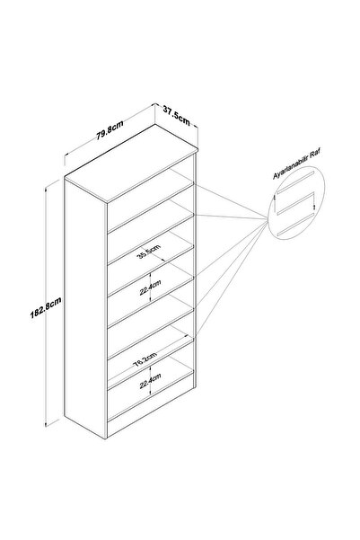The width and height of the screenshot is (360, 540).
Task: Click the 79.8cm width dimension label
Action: pos(110,130)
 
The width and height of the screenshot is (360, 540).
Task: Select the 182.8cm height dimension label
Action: pos(46,307)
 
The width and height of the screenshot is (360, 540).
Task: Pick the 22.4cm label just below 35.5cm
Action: pos(151,288)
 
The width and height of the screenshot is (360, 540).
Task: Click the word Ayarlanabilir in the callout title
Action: pos(291,167)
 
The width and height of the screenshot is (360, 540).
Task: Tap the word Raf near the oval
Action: pos(316,154)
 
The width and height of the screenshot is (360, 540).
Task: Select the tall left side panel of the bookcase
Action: pos(85,308)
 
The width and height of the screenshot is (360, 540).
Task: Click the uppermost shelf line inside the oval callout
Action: pos(295,181)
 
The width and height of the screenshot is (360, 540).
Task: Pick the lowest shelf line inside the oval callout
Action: pos(295,225)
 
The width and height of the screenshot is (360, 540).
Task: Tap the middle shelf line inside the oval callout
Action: pos(295,204)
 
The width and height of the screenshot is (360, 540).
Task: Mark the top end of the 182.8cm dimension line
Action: pos(46,188)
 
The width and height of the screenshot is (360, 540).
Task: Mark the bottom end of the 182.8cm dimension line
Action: pos(46,426)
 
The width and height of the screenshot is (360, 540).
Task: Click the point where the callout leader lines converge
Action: pos(268,218)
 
